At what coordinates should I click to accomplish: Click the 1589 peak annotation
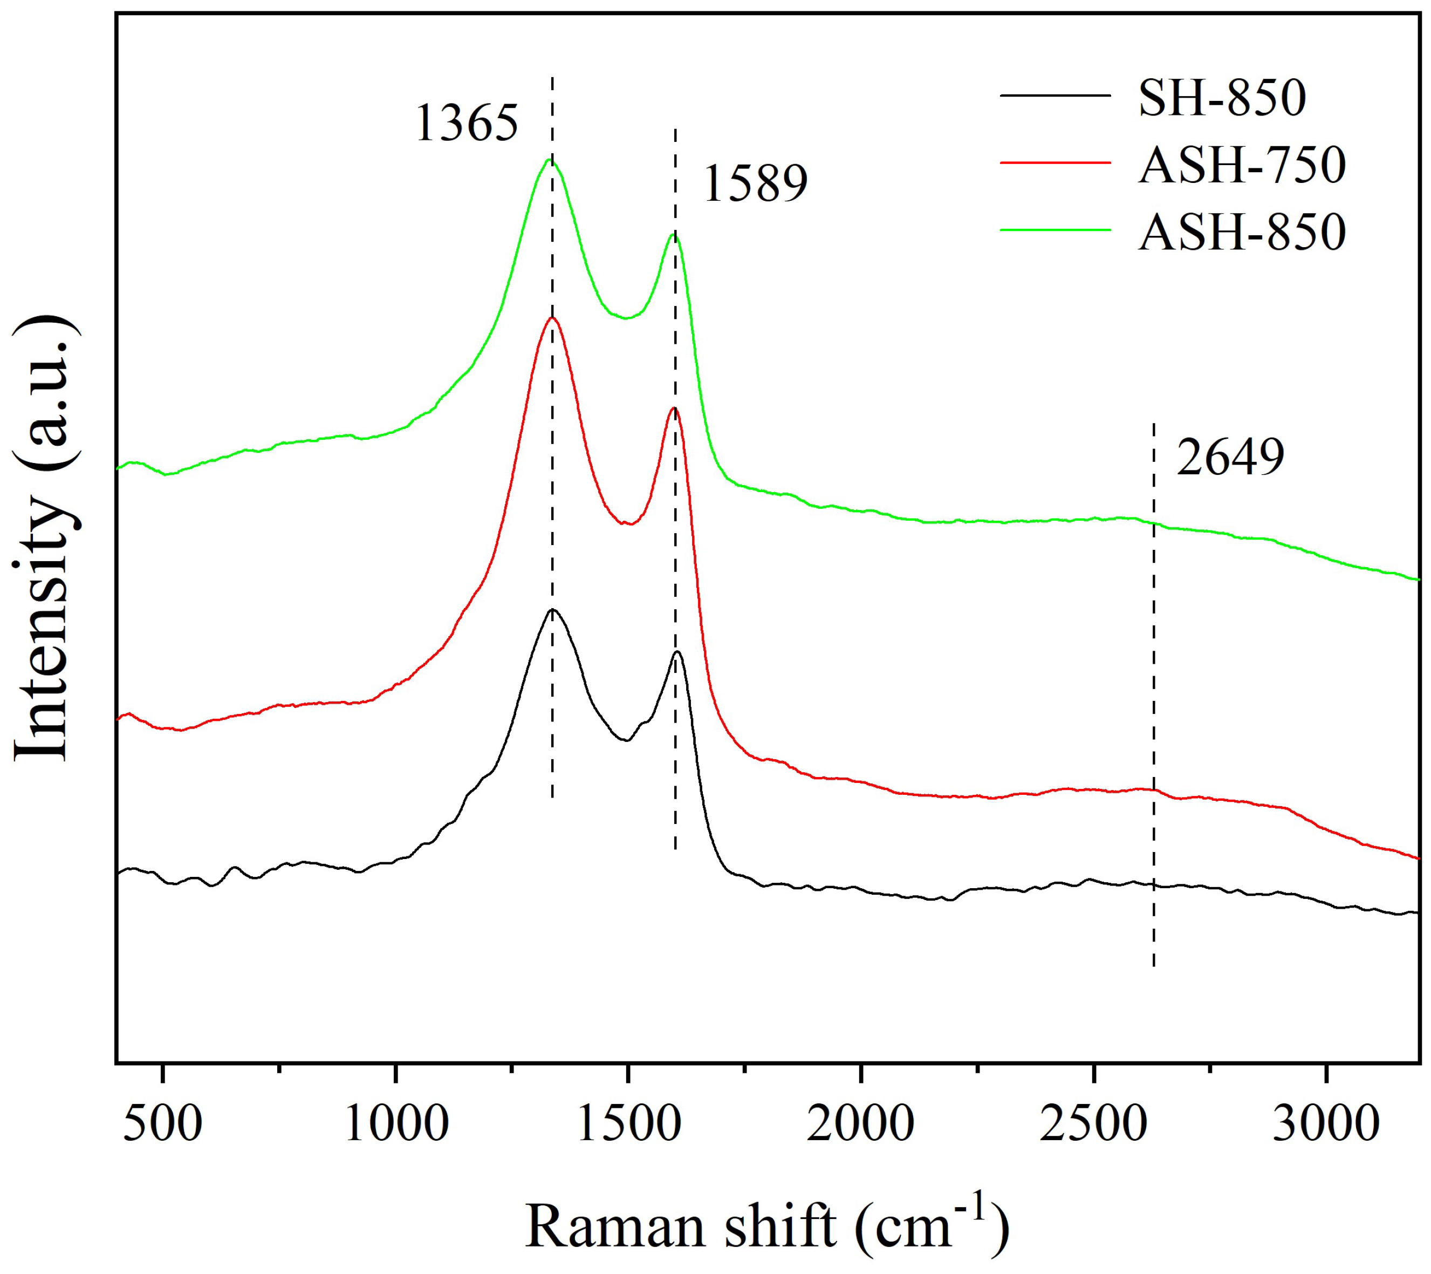pyautogui.click(x=755, y=184)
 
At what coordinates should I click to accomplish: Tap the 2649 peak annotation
pyautogui.click(x=1230, y=458)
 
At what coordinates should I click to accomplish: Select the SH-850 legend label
pyautogui.click(x=1222, y=98)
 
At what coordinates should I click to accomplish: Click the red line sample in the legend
pyautogui.click(x=1055, y=162)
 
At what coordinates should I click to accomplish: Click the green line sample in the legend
pyautogui.click(x=1055, y=229)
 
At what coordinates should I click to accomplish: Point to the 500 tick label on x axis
pyautogui.click(x=162, y=1123)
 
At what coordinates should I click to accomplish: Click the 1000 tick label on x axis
pyautogui.click(x=396, y=1123)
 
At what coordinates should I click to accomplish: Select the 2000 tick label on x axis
pyautogui.click(x=860, y=1123)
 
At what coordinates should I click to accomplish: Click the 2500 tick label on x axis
pyautogui.click(x=1093, y=1123)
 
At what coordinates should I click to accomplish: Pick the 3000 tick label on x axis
pyautogui.click(x=1325, y=1123)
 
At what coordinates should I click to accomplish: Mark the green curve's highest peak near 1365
pyautogui.click(x=550, y=160)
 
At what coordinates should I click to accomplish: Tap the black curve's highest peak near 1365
pyautogui.click(x=552, y=609)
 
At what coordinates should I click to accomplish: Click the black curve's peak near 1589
pyautogui.click(x=676, y=652)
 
